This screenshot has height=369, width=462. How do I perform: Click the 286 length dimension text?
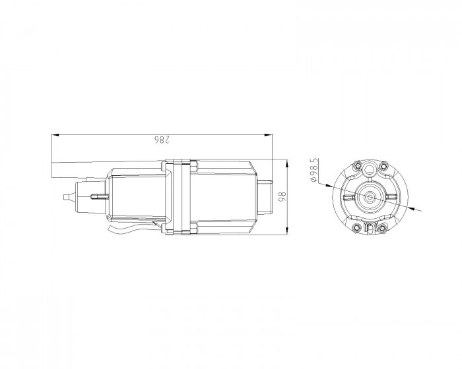pos(162,140)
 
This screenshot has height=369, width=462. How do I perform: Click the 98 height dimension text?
pos(282,196)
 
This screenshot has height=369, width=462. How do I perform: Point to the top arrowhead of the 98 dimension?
pos(286,162)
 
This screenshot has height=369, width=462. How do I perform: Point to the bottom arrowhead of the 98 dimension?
pos(286,231)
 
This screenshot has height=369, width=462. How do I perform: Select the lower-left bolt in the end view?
pos(357,227)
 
